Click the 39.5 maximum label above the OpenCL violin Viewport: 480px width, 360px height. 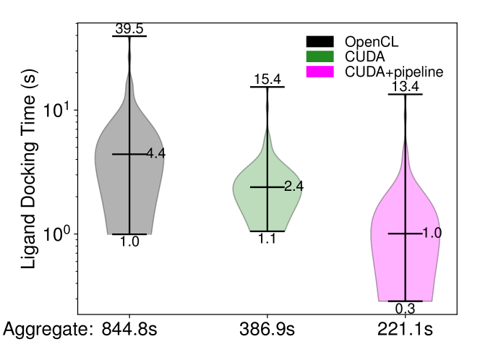pos(129,29)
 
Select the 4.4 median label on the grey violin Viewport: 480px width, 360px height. pos(156,154)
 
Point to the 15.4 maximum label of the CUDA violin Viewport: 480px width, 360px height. pos(267,80)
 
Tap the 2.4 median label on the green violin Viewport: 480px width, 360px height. pos(293,187)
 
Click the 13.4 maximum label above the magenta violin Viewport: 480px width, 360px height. pos(406,87)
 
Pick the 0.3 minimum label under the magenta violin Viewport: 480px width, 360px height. pos(406,309)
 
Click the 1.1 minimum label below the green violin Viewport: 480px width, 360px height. pos(267,239)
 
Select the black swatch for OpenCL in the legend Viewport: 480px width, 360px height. pos(320,41)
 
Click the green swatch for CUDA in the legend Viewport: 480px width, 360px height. pos(320,56)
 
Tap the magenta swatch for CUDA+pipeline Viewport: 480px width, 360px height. pos(320,72)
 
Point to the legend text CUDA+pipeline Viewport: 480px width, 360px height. pos(394,72)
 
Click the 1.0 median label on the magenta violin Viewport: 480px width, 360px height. pos(432,233)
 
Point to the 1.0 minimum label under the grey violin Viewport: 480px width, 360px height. pos(129,242)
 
